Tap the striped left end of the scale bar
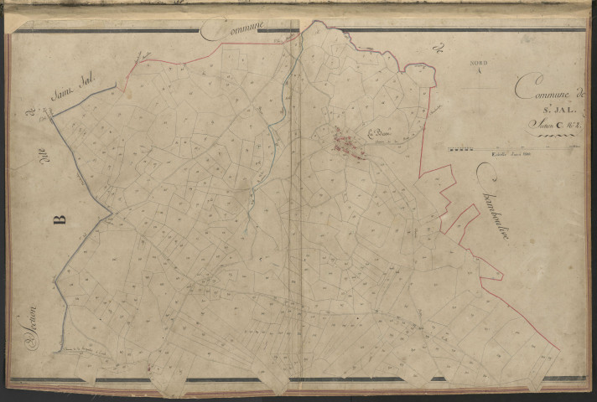tap(459, 150)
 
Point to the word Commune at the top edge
tap(234, 31)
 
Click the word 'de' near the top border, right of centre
tap(435, 44)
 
